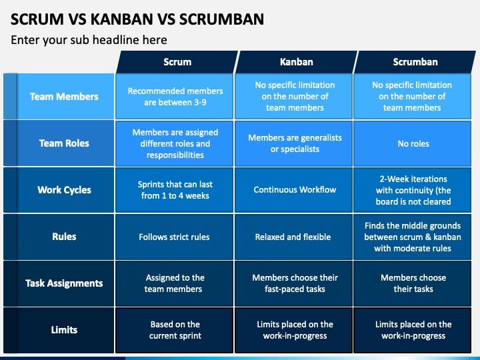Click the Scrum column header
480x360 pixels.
click(177, 62)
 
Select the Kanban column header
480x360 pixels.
click(296, 62)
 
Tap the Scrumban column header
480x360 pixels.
click(415, 62)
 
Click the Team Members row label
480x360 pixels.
click(59, 97)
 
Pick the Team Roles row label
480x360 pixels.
click(59, 143)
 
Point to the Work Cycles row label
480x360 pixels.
click(59, 190)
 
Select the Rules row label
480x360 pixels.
click(59, 237)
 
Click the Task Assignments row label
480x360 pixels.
click(59, 283)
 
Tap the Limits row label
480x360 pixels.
click(59, 330)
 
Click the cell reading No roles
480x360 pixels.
click(413, 143)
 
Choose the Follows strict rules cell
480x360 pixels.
click(175, 237)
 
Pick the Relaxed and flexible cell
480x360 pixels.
click(293, 237)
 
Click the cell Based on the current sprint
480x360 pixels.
click(175, 330)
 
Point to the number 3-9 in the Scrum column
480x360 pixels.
click(200, 102)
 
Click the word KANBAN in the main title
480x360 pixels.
click(122, 19)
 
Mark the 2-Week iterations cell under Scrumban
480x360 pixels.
click(413, 190)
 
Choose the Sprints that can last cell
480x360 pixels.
click(175, 190)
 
